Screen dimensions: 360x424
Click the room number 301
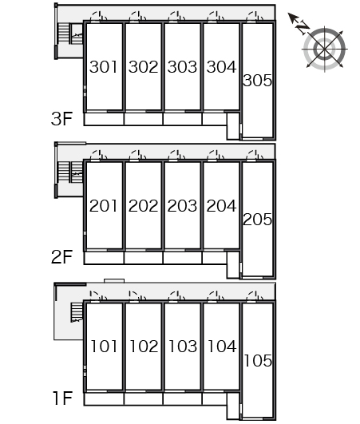point(104,67)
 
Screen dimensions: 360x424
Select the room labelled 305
point(257,81)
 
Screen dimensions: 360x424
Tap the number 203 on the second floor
point(182,206)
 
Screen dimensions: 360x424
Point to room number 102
point(144,347)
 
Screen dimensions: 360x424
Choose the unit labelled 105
point(258,361)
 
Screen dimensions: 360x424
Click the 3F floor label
point(62,118)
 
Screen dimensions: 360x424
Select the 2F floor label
point(62,257)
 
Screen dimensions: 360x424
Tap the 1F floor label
point(63,398)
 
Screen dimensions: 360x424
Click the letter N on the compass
point(303,26)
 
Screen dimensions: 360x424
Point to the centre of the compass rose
point(324,49)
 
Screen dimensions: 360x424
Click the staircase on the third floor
point(70,34)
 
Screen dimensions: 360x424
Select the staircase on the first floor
point(77,312)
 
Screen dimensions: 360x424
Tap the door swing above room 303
point(176,16)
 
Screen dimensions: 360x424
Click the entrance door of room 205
point(255,155)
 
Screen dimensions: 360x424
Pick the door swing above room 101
point(98,295)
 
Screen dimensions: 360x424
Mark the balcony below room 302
point(143,119)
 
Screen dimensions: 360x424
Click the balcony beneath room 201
point(104,258)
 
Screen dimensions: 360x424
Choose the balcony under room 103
point(183,399)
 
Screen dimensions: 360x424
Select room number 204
point(221,206)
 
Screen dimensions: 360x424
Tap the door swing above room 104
point(216,296)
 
